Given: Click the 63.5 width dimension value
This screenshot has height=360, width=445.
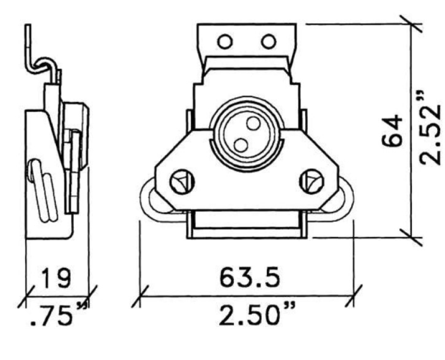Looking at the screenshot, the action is click(x=250, y=276).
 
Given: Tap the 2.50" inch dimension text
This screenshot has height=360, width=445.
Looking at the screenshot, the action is click(x=257, y=314).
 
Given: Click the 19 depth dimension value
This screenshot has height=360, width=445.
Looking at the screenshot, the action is click(x=55, y=277).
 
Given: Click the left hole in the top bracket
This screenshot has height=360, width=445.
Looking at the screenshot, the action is click(x=225, y=42).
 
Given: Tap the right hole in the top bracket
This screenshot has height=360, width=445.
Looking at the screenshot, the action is click(x=268, y=42).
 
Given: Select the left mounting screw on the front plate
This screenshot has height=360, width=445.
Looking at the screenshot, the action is click(x=182, y=182).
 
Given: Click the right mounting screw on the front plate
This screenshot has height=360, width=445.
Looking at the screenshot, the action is click(x=311, y=181).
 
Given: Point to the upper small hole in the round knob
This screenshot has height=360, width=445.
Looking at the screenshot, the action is click(x=253, y=123).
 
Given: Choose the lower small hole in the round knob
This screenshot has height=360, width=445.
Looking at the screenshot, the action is click(x=241, y=145).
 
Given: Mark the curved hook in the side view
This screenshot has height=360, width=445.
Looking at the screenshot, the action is click(x=43, y=66).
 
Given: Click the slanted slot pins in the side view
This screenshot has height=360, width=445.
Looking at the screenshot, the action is click(x=43, y=190).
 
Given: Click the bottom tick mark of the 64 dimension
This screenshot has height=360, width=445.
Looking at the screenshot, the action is click(x=411, y=237).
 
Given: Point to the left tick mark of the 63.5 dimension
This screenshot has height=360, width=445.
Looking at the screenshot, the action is click(x=139, y=296).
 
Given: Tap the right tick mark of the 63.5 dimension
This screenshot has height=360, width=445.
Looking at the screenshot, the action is click(x=354, y=296).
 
